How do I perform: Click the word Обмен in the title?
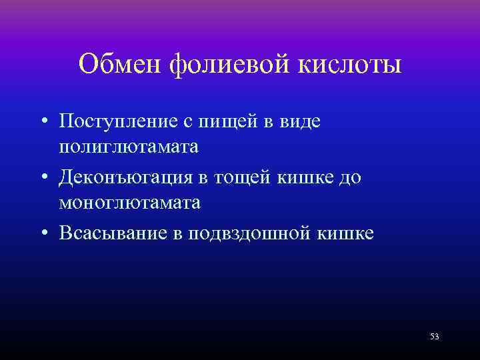[x=121, y=65]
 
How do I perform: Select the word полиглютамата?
[x=129, y=147]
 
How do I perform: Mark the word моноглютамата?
[x=129, y=203]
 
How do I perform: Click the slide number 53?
[x=434, y=337]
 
